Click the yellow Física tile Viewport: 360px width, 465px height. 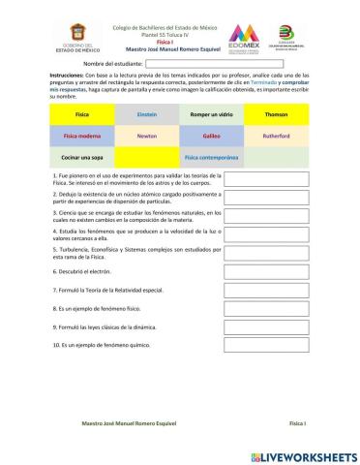click(x=81, y=113)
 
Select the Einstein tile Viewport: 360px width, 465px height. click(x=147, y=113)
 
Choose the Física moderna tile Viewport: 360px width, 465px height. click(x=81, y=136)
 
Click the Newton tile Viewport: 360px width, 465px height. click(x=147, y=136)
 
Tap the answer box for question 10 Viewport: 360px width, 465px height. click(x=253, y=345)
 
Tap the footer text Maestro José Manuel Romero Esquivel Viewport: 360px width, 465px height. click(x=129, y=424)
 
